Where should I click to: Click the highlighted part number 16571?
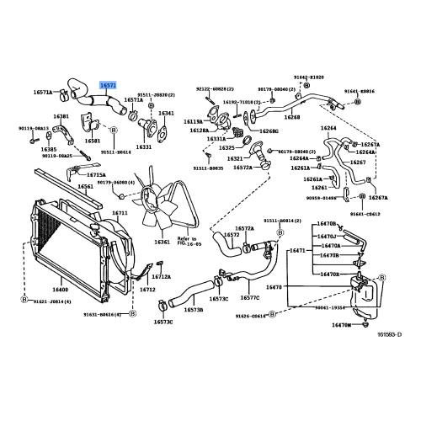tap(109, 84)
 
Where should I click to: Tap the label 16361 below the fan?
tap(162, 242)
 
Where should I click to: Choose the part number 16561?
tap(85, 187)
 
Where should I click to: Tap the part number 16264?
tap(328, 128)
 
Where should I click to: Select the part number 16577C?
tap(249, 296)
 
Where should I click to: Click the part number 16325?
tap(227, 147)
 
